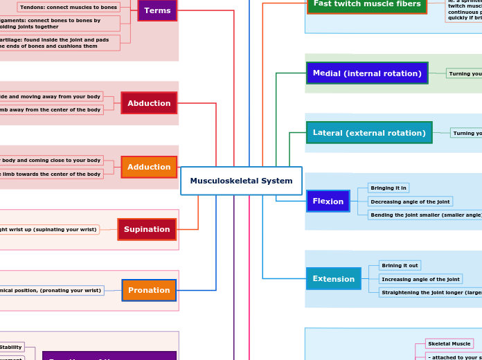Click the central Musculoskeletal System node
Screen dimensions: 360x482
click(241, 181)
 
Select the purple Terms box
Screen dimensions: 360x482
click(157, 10)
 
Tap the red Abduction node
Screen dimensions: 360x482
click(149, 103)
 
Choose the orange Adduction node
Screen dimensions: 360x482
click(149, 167)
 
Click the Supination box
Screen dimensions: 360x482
click(147, 229)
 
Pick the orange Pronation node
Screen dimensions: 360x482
click(149, 290)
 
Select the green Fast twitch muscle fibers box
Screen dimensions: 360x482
click(366, 4)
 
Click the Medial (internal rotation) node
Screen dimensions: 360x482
click(366, 73)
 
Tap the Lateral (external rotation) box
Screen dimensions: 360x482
click(368, 132)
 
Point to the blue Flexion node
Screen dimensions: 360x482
click(328, 201)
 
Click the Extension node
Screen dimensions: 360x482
click(333, 279)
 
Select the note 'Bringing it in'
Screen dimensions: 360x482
click(389, 188)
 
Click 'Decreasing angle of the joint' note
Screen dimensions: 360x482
click(410, 201)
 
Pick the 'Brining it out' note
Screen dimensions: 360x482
click(400, 265)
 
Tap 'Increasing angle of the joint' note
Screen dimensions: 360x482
click(420, 279)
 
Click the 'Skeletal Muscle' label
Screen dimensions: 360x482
click(449, 343)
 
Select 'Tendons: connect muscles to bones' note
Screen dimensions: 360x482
click(68, 7)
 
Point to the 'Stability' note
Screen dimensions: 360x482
click(10, 347)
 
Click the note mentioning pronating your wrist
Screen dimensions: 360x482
click(51, 290)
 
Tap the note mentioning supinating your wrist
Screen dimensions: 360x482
click(48, 229)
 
